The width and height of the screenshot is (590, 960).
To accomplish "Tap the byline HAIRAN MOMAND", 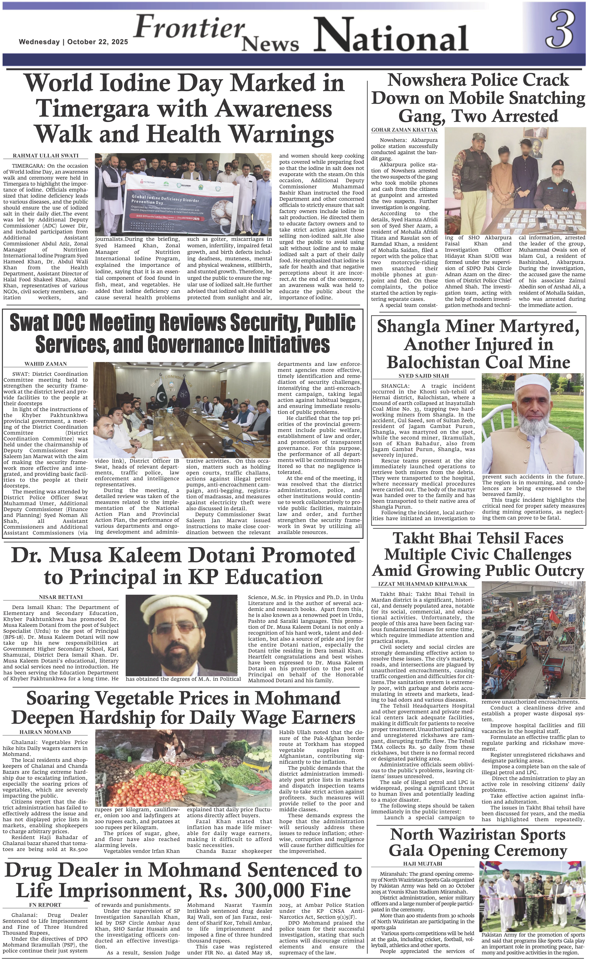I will click(x=45, y=732).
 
